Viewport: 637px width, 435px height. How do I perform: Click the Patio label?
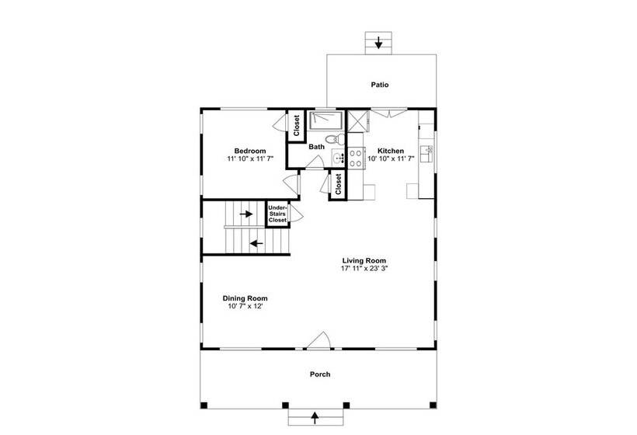(379, 85)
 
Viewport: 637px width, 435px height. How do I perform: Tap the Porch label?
(320, 374)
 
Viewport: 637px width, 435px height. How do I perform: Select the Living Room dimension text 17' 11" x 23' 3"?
(364, 268)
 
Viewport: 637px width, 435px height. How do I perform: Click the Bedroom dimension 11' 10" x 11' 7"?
(250, 158)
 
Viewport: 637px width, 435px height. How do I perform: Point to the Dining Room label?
(245, 298)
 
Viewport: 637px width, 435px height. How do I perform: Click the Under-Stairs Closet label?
(277, 214)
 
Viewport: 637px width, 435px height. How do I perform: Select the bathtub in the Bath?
(327, 120)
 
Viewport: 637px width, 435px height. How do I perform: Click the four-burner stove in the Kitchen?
(356, 158)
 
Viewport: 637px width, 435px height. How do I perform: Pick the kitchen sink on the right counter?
(426, 153)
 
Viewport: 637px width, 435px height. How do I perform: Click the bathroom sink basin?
(338, 157)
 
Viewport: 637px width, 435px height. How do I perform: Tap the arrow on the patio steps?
(378, 42)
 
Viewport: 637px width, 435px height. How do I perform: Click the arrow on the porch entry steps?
(315, 417)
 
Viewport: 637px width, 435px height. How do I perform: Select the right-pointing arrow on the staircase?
(246, 214)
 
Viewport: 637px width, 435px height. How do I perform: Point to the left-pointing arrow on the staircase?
(256, 244)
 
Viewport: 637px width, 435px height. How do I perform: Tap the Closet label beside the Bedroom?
(296, 126)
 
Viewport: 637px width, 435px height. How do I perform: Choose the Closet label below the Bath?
(339, 184)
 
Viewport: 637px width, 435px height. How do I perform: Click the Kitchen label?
(391, 151)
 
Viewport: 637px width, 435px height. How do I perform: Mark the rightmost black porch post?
(433, 405)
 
